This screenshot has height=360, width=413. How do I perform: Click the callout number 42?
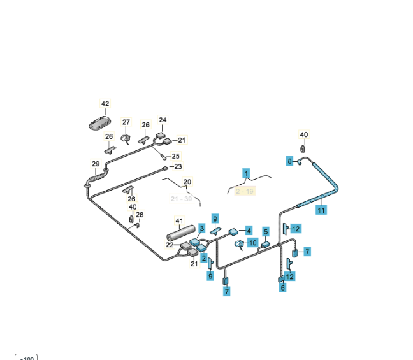pyautogui.click(x=105, y=104)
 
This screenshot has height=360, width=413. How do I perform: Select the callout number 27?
pyautogui.click(x=126, y=122)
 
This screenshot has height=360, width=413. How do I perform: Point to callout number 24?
pyautogui.click(x=163, y=120)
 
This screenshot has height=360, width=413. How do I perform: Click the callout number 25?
pyautogui.click(x=176, y=156)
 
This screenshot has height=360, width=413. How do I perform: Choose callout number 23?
pyautogui.click(x=178, y=167)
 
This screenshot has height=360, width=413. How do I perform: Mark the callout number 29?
pyautogui.click(x=96, y=164)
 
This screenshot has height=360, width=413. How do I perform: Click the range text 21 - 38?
pyautogui.click(x=181, y=199)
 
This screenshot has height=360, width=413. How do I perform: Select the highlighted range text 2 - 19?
pyautogui.click(x=245, y=191)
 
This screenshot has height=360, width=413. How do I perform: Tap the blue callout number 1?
pyautogui.click(x=246, y=173)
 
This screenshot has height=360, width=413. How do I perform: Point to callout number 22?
pyautogui.click(x=170, y=245)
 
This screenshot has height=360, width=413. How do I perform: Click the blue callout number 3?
pyautogui.click(x=202, y=227)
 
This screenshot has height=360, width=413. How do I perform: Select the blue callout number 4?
pyautogui.click(x=249, y=230)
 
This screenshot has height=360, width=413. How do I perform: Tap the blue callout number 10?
pyautogui.click(x=252, y=243)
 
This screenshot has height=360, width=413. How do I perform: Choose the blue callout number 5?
pyautogui.click(x=266, y=231)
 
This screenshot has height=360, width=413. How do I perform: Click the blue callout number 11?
pyautogui.click(x=321, y=209)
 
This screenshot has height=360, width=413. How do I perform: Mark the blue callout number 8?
pyautogui.click(x=289, y=161)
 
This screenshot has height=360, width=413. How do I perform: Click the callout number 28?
pyautogui.click(x=140, y=215)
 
